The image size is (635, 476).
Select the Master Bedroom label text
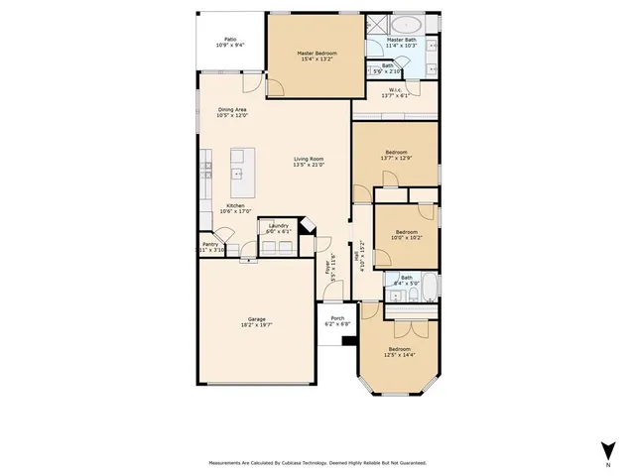(x=318, y=53)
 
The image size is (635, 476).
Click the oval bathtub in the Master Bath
(x=408, y=26)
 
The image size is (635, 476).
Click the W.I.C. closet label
(x=394, y=90)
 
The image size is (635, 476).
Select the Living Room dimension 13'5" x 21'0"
(x=309, y=165)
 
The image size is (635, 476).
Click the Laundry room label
(x=278, y=226)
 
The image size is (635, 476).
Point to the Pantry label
(x=210, y=244)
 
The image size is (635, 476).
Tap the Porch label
(x=337, y=318)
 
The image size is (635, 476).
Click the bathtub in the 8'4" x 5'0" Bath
(x=432, y=282)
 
